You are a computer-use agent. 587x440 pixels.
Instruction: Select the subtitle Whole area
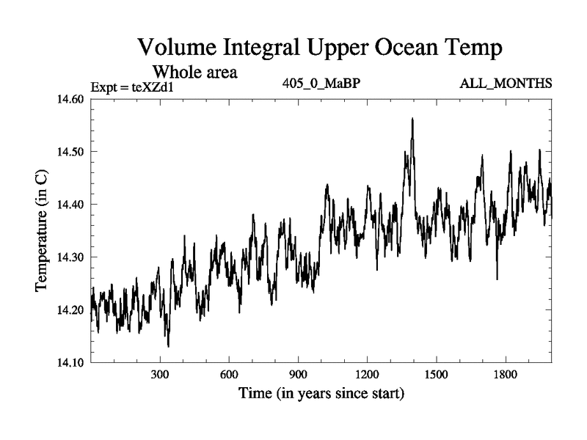(x=194, y=73)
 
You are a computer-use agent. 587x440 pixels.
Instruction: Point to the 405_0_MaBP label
(x=321, y=84)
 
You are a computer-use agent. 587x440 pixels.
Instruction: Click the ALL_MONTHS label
(x=506, y=84)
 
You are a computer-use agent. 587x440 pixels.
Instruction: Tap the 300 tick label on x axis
(x=160, y=375)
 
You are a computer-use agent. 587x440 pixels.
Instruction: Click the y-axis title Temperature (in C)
(x=42, y=231)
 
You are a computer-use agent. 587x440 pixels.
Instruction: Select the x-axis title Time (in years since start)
(x=321, y=394)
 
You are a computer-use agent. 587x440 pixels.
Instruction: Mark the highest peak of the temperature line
(x=412, y=118)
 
